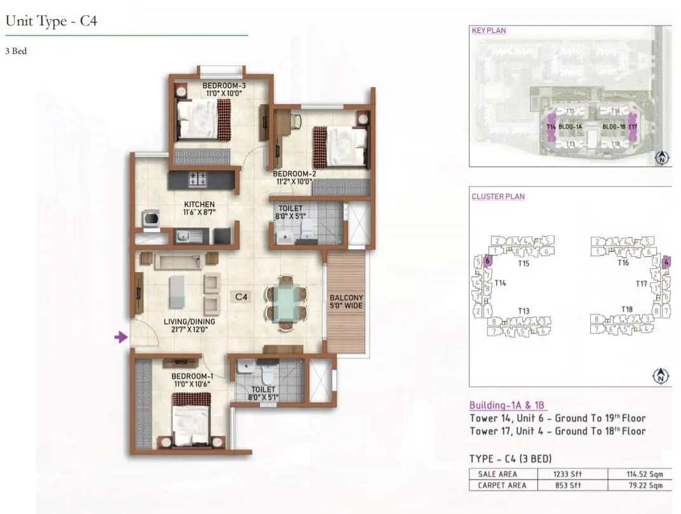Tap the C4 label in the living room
pos(241,296)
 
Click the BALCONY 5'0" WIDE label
pos(346,302)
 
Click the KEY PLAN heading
pos(489,30)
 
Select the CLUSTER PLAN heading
pos(498,196)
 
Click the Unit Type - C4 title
pos(51,21)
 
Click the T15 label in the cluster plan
pos(523,263)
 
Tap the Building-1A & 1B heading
pos(507,405)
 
